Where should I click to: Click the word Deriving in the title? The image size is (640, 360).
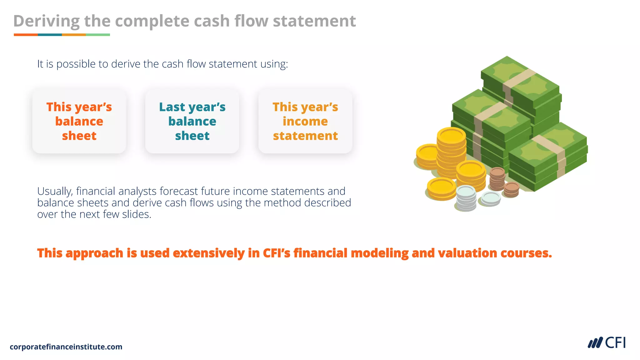[x=46, y=21]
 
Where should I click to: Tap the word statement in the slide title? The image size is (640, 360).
[x=314, y=21]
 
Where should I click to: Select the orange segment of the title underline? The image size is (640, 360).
[x=26, y=35]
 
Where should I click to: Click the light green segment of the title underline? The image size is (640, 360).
[x=98, y=35]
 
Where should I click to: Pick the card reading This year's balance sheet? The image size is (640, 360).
[x=79, y=121]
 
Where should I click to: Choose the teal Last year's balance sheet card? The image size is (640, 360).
[x=192, y=121]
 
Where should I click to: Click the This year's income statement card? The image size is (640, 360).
[x=305, y=121]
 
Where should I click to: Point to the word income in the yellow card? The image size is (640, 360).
[x=305, y=121]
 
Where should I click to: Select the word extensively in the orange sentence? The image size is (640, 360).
[x=209, y=253]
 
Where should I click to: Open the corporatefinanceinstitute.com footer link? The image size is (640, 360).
[x=66, y=347]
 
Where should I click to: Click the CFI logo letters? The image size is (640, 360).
[x=615, y=343]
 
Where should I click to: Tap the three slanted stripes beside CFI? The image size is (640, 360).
[x=595, y=343]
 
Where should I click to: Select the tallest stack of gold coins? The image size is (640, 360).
[x=451, y=153]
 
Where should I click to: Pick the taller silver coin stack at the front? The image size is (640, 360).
[x=466, y=198]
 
